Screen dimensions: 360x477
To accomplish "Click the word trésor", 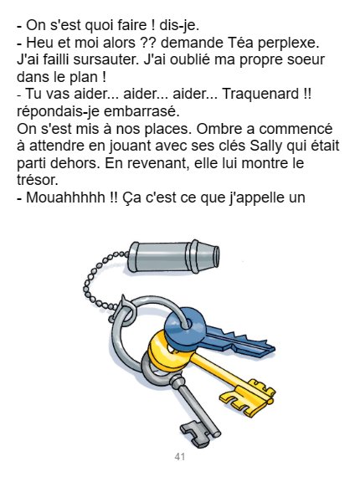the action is pos(37,181).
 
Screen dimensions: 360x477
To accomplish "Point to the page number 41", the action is pos(180,457).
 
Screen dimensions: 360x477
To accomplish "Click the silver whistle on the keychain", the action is pos(173,256).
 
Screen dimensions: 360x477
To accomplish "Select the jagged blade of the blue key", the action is pos(240,343).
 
